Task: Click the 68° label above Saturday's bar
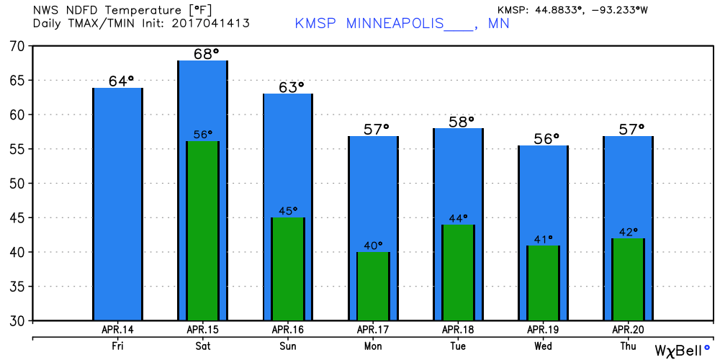coord(202,54)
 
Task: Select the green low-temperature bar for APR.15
coord(202,230)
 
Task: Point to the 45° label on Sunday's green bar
coord(289,211)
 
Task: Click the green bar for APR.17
coord(373,286)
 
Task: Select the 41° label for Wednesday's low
coord(543,239)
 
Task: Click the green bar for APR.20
coord(628,279)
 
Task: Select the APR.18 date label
coord(458,329)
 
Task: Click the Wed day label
coord(543,346)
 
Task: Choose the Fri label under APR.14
coord(117,346)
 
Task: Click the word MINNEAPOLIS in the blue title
coord(395,23)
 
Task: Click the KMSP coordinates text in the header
coord(572,10)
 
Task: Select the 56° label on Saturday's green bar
coord(202,135)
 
